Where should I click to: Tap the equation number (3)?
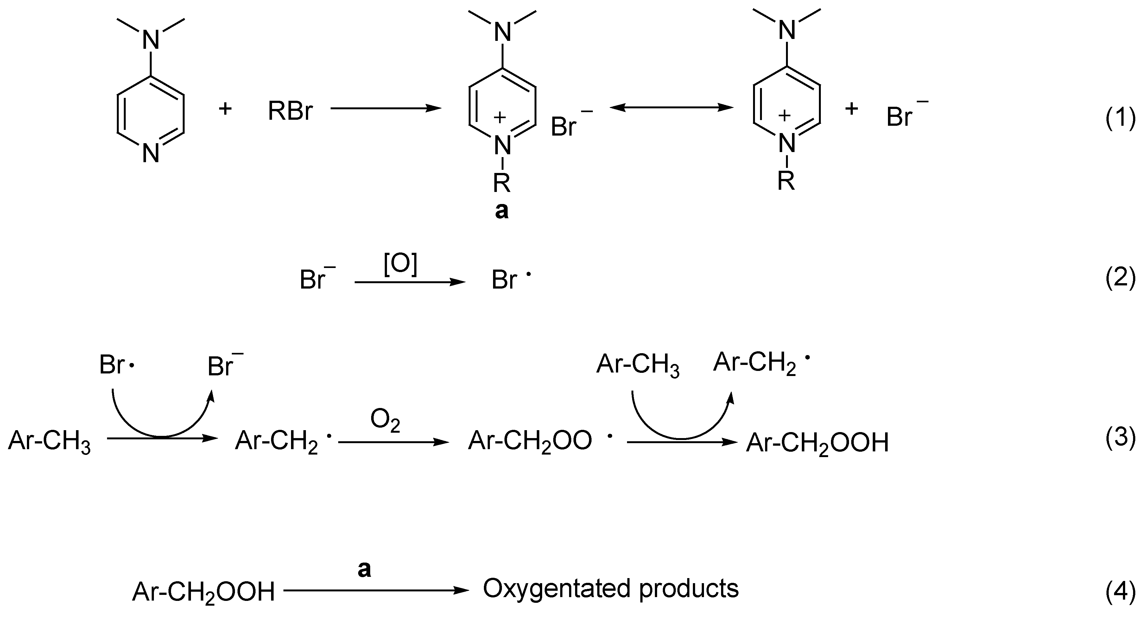(x=1120, y=438)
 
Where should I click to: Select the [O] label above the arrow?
(x=400, y=266)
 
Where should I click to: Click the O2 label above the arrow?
(x=385, y=420)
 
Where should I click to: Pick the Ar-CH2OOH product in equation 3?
(x=817, y=443)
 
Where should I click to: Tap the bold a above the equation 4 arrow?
(x=364, y=569)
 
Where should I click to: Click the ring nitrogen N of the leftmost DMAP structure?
(x=151, y=154)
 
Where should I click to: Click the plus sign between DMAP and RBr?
(x=225, y=109)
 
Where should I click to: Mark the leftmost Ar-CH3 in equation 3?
(x=49, y=442)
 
